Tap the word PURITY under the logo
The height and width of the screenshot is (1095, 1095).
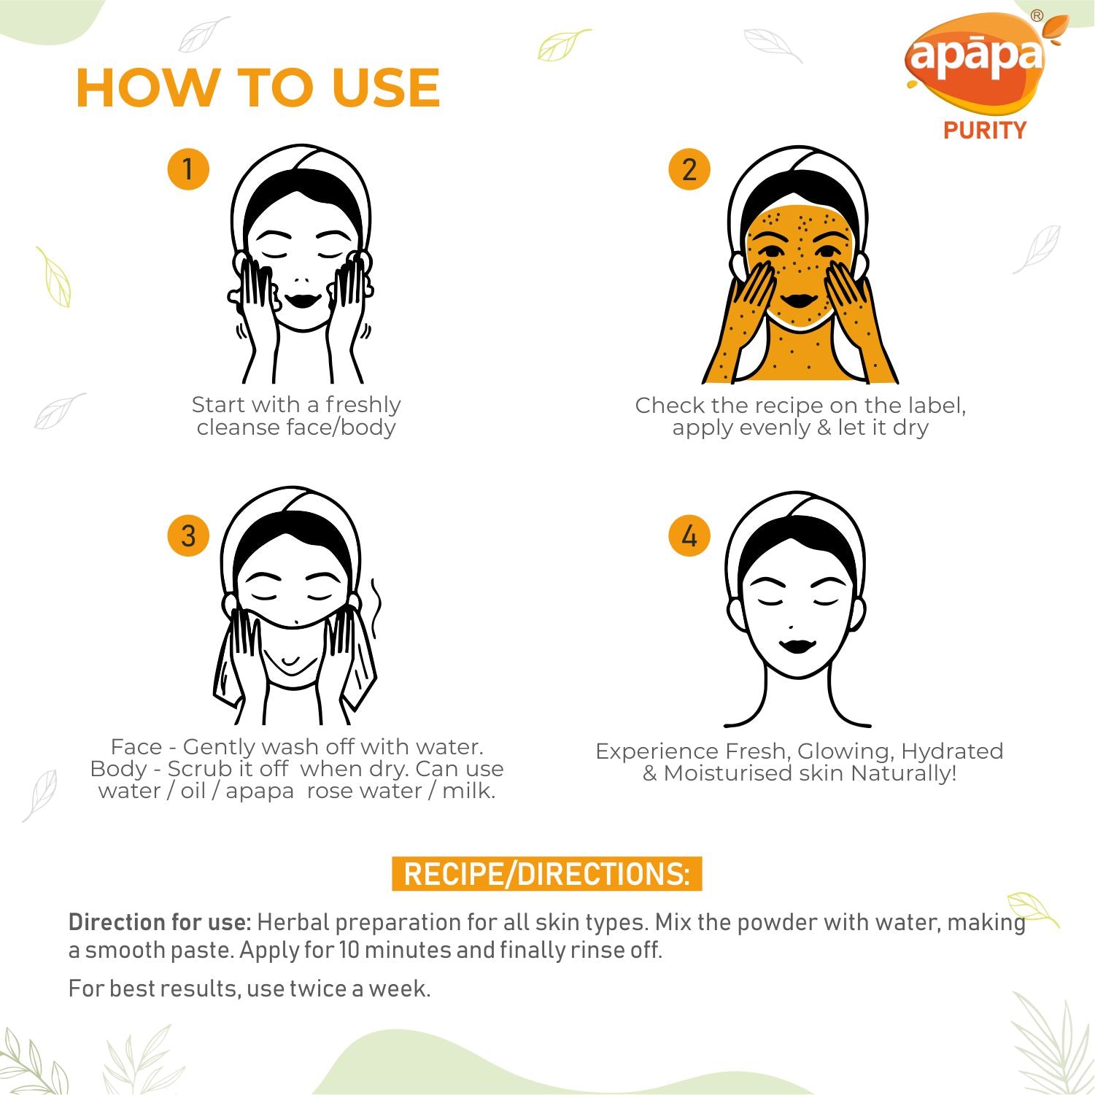(x=985, y=131)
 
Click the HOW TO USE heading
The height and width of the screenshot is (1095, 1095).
(x=258, y=88)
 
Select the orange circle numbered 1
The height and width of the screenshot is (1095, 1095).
(x=188, y=169)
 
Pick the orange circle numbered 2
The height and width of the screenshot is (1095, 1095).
(x=689, y=169)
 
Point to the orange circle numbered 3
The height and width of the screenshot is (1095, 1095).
(x=188, y=535)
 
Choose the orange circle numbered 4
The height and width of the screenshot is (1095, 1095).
(x=689, y=535)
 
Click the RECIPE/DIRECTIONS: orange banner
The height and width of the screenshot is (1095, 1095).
(x=547, y=874)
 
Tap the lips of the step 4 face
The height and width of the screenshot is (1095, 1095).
(x=797, y=646)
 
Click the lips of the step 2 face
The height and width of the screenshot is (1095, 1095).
(x=800, y=300)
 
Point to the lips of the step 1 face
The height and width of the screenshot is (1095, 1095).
(x=302, y=300)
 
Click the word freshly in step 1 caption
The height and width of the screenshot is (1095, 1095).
(x=363, y=405)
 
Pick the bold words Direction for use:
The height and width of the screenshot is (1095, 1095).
(x=160, y=922)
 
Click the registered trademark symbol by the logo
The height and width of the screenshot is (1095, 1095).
(x=1037, y=15)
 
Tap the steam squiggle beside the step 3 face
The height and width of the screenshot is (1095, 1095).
(x=375, y=608)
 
